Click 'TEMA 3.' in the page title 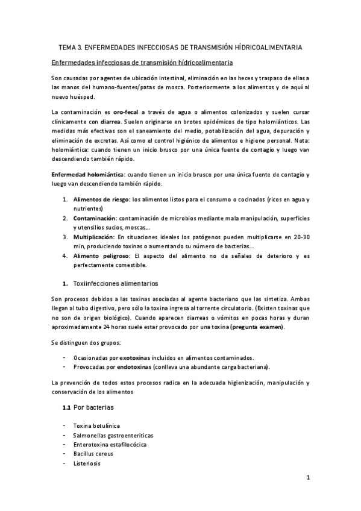(71, 47)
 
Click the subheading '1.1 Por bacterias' (88, 407)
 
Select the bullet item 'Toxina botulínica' (96, 425)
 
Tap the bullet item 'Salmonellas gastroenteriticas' (113, 434)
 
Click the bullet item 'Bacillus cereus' (93, 454)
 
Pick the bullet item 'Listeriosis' (86, 463)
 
